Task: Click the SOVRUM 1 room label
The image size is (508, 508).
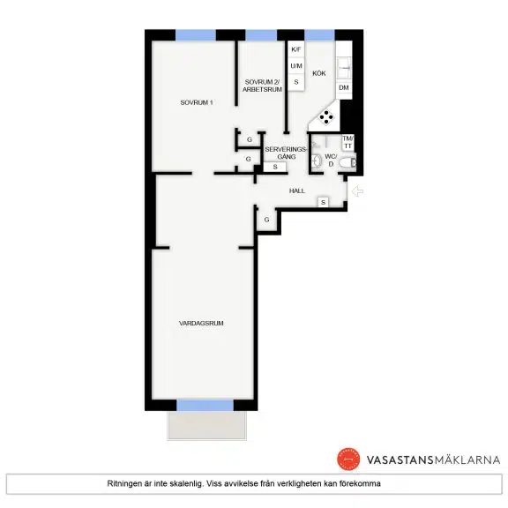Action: (x=197, y=102)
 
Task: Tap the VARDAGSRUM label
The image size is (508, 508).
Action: (x=201, y=323)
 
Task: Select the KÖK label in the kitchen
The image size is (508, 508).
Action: (x=318, y=73)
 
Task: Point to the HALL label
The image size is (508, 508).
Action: (x=296, y=190)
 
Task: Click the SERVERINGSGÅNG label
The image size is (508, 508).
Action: (x=286, y=153)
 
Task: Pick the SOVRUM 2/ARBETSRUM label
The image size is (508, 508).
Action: (x=262, y=86)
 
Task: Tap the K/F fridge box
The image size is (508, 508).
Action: (x=296, y=49)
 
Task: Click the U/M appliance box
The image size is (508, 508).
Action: (x=296, y=66)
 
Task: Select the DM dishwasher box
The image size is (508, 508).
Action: (x=344, y=87)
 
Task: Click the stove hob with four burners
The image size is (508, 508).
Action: (x=326, y=117)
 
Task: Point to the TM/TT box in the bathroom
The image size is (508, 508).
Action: (x=348, y=143)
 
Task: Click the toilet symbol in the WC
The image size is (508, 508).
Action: (x=347, y=163)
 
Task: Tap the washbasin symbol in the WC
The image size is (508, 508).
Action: (x=317, y=161)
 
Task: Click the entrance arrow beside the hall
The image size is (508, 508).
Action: (x=357, y=191)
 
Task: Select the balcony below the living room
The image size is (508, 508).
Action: (x=206, y=425)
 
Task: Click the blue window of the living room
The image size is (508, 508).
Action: (x=205, y=406)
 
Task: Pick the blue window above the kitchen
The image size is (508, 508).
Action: (x=319, y=35)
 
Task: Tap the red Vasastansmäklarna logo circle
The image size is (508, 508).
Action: (x=348, y=459)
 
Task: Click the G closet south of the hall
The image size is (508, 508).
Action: (x=266, y=220)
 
